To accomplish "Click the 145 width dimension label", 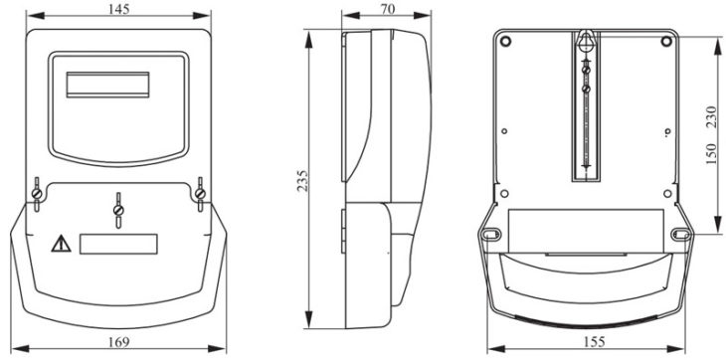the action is (119, 9).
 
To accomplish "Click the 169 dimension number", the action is (119, 342).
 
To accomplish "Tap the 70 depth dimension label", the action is (389, 9).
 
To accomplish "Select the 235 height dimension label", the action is (302, 181).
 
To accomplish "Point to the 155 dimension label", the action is (594, 342).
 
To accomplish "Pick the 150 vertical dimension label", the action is (711, 153).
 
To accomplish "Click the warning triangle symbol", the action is (61, 244).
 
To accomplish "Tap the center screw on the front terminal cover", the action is (118, 211).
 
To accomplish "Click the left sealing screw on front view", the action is (37, 193).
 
